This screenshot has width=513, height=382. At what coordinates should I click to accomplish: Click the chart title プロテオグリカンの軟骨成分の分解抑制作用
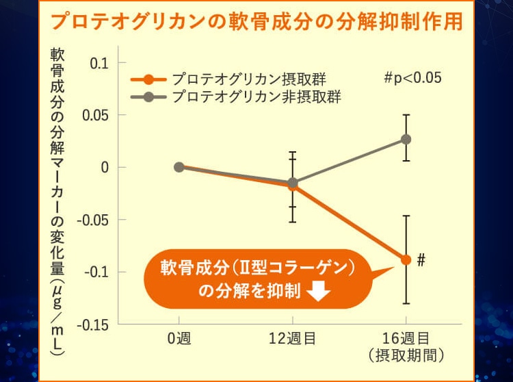pos(256,21)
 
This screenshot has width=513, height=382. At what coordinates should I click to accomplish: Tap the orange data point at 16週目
pos(406,259)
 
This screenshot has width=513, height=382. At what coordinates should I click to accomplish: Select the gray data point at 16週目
pos(406,139)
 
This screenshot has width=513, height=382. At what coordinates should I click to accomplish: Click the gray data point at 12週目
pos(293,183)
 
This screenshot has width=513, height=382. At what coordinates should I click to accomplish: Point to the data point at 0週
pos(179,167)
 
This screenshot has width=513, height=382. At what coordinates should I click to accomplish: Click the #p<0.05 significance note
pos(412,77)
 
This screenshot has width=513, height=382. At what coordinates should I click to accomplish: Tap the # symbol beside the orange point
pos(421,260)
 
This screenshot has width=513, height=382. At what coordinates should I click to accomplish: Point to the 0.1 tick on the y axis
pos(99,63)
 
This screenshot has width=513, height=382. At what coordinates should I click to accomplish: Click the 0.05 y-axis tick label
pos(95,115)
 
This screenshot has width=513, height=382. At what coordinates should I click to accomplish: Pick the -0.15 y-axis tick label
pos(92,324)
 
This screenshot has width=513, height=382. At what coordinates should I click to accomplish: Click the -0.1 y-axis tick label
pos(96,272)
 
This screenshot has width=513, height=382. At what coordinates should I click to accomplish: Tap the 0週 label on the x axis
pos(179,338)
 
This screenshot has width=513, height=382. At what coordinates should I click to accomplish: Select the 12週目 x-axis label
pos(293,338)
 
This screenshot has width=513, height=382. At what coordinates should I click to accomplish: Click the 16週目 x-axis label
pos(406,338)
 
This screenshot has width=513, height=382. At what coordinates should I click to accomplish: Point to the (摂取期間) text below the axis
pos(406,355)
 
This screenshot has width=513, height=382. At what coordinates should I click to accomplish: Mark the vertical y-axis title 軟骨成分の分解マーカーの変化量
pos(58,199)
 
